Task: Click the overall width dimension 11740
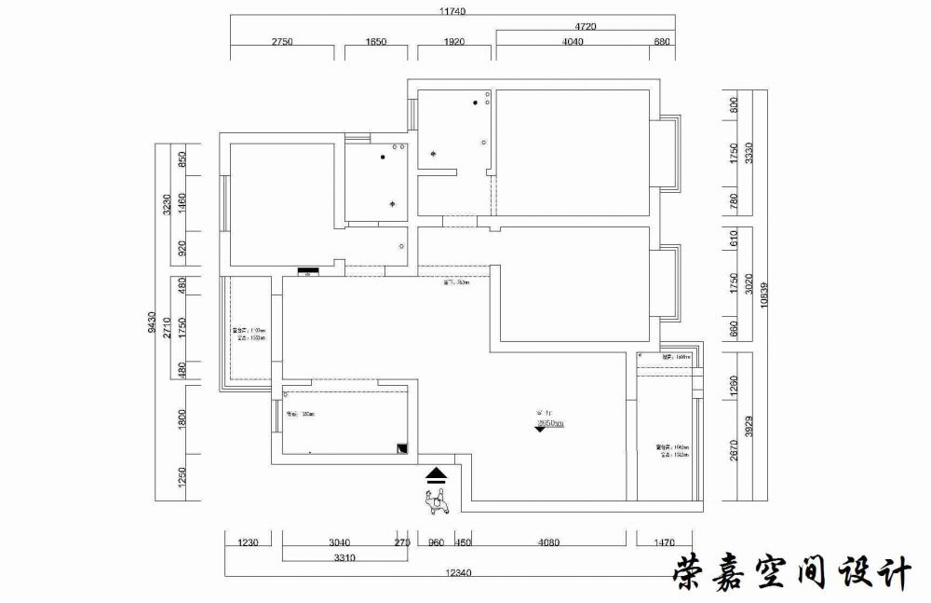451,11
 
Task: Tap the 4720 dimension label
586,26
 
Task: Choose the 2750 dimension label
283,41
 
